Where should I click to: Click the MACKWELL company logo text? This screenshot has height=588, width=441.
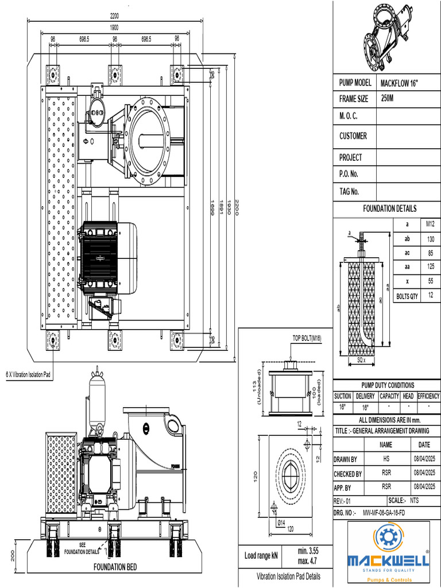pos(388,561)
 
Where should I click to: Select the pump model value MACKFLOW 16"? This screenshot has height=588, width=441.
pos(399,83)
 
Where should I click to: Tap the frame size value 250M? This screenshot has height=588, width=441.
pos(388,99)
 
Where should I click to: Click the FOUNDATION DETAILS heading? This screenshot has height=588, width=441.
pos(389,208)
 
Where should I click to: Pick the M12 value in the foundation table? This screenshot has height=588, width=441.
pos(430,223)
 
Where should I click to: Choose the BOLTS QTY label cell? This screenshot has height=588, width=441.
pos(407,296)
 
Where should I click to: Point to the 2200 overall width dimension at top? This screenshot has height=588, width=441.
pos(114,16)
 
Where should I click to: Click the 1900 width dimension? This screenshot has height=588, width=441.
pos(114,27)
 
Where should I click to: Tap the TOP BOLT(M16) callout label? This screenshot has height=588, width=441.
pos(307,338)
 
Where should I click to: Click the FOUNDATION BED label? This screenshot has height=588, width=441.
pos(115,567)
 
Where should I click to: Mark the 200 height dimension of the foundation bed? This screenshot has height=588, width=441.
pos(13,555)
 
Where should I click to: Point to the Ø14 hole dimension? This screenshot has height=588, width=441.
pos(281,522)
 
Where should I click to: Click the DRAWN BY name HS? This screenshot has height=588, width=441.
pos(386,459)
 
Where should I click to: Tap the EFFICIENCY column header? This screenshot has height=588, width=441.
pos(428,396)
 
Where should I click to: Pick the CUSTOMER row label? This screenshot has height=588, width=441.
pos(353,136)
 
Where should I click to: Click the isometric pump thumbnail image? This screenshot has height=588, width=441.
pos(388,36)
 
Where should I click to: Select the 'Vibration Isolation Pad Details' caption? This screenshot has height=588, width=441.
pos(288,577)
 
